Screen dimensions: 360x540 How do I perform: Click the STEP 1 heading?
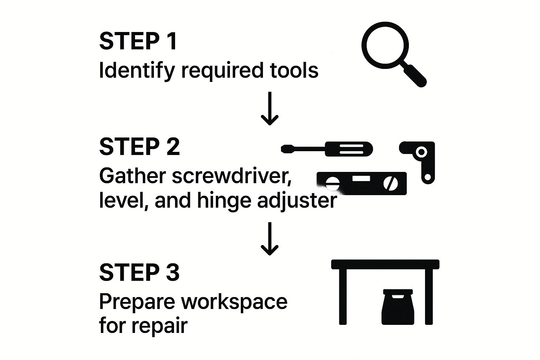tap(138, 41)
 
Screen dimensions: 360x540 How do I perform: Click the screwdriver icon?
tap(327, 149)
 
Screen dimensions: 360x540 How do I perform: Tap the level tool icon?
tap(362, 183)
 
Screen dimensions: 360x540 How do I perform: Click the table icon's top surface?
tap(385, 264)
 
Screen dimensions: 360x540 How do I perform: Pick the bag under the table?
tap(397, 307)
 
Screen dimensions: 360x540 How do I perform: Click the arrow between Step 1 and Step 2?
tap(270, 109)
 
